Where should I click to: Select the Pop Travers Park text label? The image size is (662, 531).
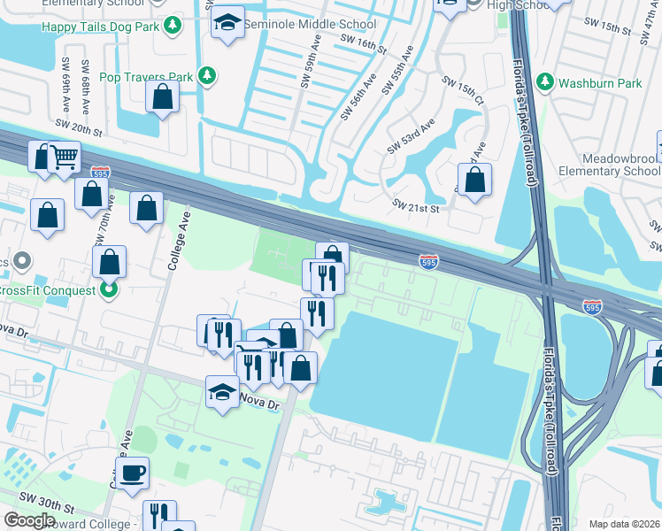tap(146, 77)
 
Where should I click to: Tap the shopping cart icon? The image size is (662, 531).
tap(64, 158)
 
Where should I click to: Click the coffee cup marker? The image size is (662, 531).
tap(133, 473)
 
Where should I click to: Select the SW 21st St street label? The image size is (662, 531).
tap(416, 208)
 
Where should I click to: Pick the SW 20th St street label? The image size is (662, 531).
tap(79, 129)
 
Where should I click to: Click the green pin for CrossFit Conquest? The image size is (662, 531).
tap(109, 289)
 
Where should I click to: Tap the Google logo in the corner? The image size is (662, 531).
tap(30, 520)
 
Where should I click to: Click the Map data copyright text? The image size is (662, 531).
tap(623, 524)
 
